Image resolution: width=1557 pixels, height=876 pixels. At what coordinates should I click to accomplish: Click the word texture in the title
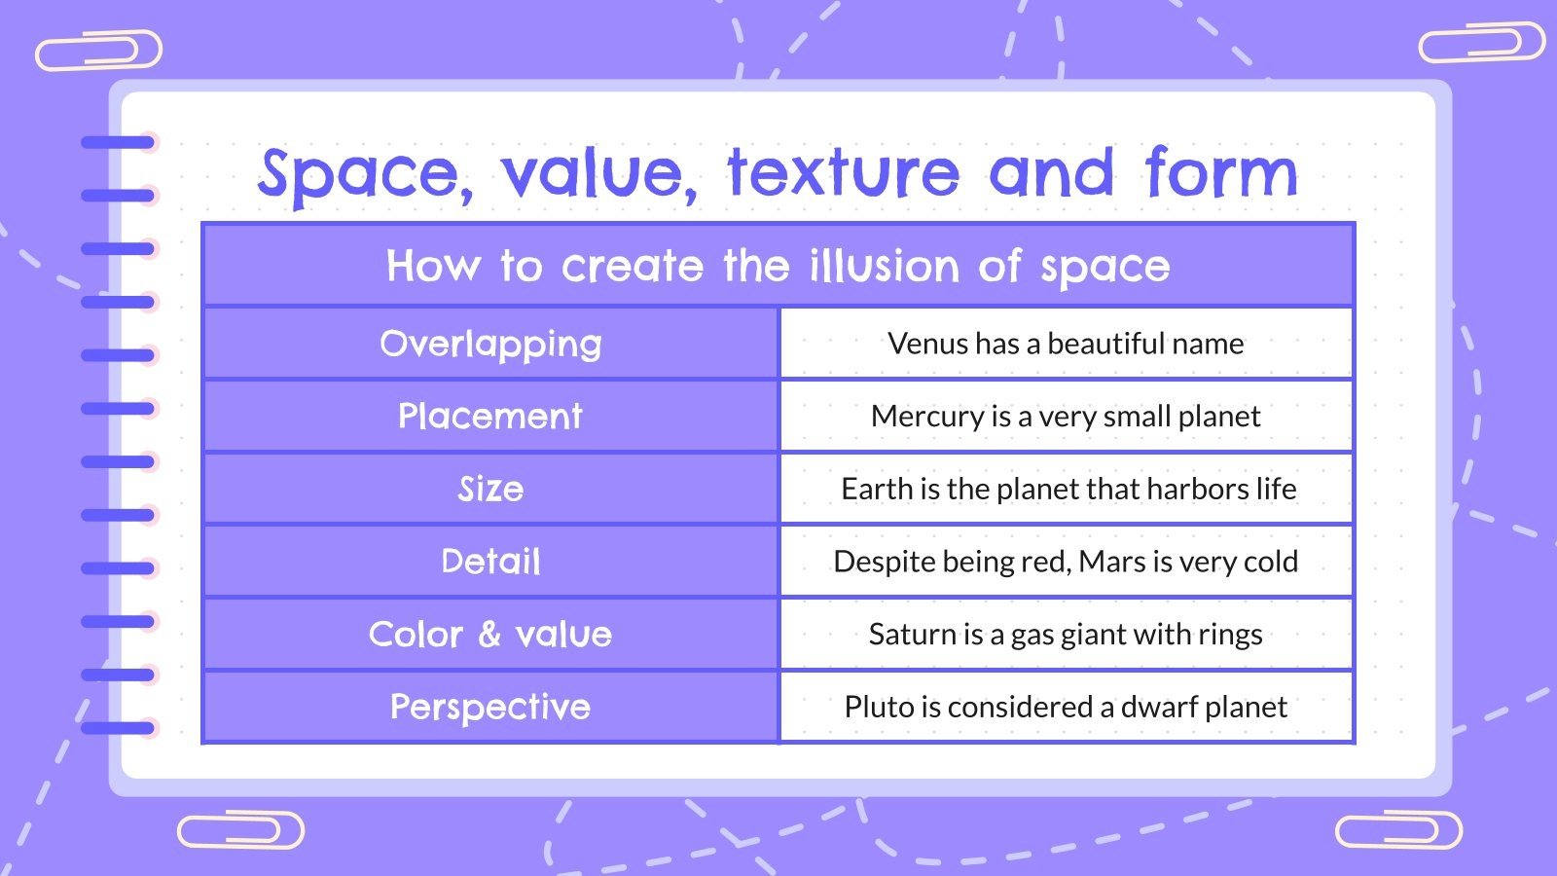[843, 173]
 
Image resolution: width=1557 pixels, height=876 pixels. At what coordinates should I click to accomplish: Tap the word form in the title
[1220, 173]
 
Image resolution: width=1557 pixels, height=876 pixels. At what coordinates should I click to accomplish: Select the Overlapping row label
[490, 344]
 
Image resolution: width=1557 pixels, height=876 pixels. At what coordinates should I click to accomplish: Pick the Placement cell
[490, 417]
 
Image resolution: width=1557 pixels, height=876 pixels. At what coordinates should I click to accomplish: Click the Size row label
[490, 489]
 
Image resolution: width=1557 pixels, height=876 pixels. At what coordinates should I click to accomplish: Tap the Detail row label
[490, 562]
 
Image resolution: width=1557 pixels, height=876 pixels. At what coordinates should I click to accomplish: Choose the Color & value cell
[490, 635]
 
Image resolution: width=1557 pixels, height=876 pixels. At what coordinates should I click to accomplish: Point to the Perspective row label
[490, 707]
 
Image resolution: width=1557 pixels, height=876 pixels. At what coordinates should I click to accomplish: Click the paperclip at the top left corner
[98, 51]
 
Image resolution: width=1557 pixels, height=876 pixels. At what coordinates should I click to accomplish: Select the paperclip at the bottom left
[240, 830]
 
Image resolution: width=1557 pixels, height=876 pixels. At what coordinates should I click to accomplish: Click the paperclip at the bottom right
[1398, 830]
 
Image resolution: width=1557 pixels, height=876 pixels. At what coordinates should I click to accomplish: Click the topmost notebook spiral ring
[118, 143]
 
